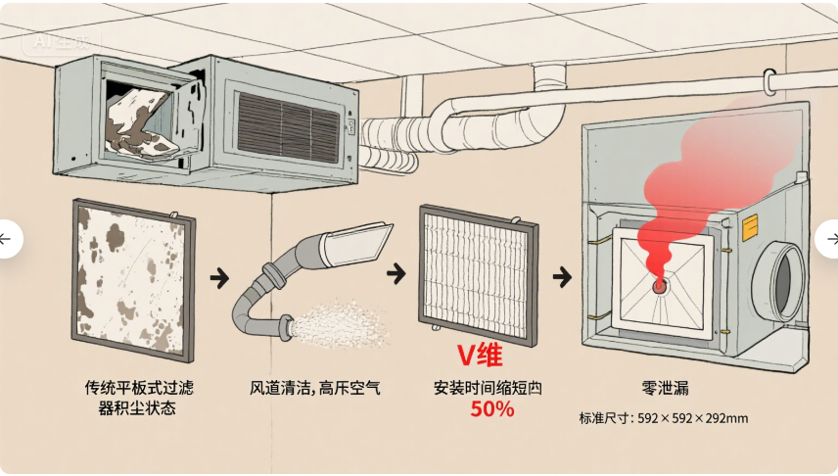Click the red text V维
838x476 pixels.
(480, 354)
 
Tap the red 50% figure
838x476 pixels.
(491, 409)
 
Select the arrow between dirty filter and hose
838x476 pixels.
(220, 278)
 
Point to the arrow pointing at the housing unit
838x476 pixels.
(562, 277)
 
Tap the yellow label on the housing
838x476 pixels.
(751, 227)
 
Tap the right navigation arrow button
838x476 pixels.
(831, 239)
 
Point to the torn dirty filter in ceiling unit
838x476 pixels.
(145, 118)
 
